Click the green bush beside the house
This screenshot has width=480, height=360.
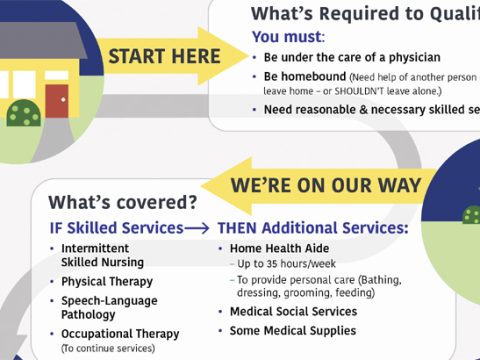coord(24,113)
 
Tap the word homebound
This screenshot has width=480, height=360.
coord(320,77)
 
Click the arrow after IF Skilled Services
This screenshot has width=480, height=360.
coord(198,227)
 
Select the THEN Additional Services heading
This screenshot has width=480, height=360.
coord(312,227)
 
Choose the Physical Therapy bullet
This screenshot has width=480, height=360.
coord(107,281)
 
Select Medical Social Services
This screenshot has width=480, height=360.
coord(292,311)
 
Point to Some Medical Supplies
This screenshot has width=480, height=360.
coord(292,330)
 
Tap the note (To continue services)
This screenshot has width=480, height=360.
coord(108,348)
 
